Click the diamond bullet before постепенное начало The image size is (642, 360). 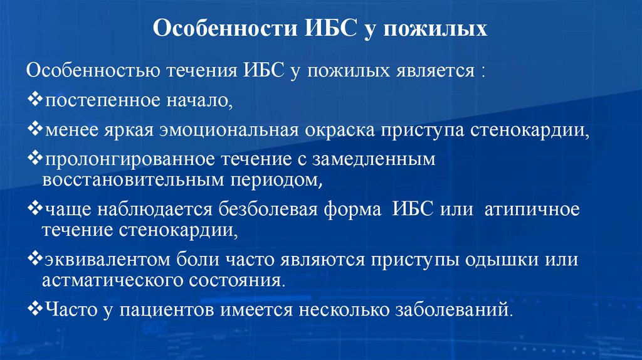coord(36,100)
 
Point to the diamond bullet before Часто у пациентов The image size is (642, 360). coord(36,308)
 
